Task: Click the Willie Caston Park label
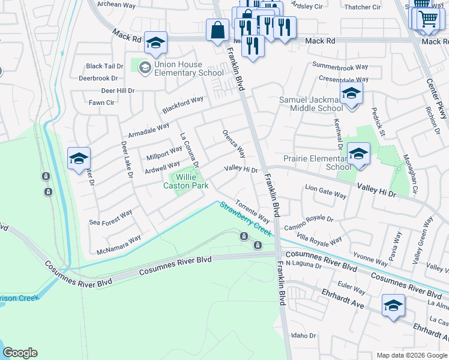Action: tap(186, 181)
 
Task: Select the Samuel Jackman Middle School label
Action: tap(311, 104)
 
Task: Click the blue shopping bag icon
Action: tap(217, 29)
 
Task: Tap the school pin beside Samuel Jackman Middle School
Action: tap(351, 94)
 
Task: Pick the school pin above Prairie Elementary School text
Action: tap(358, 154)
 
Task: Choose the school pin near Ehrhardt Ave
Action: tap(393, 305)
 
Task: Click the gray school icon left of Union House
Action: tap(145, 68)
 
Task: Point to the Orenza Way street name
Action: tap(234, 143)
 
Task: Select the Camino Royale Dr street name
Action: tap(309, 223)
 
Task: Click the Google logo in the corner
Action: tap(20, 353)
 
